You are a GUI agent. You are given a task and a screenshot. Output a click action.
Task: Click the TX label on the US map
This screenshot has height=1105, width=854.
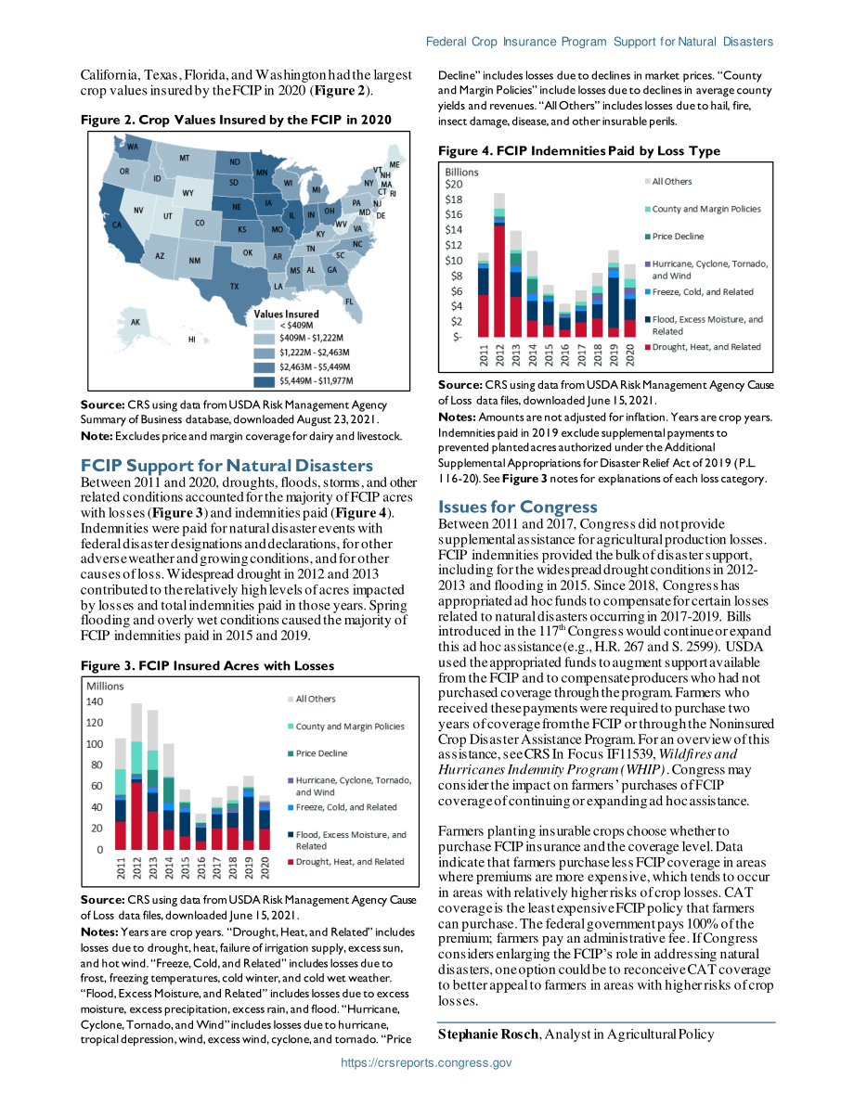tap(234, 286)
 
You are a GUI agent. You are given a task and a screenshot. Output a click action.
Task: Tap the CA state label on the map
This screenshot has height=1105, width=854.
tap(117, 225)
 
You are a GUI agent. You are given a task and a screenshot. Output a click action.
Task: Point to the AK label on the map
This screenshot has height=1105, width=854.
tap(136, 323)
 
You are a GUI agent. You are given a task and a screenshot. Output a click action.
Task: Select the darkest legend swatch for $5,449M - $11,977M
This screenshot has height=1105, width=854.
tap(265, 381)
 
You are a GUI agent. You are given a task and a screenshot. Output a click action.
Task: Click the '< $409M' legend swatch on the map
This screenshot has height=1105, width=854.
tap(265, 326)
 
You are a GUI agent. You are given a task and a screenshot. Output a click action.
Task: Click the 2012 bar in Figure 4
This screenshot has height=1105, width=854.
tap(499, 265)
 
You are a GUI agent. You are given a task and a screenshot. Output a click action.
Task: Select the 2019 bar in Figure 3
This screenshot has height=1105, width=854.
tap(248, 813)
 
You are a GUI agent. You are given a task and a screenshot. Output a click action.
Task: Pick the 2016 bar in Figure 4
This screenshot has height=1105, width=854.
tap(565, 321)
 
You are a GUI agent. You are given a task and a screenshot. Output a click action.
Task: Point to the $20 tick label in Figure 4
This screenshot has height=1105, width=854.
tap(453, 185)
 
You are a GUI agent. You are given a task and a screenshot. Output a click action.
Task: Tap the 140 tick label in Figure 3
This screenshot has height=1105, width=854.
tap(95, 702)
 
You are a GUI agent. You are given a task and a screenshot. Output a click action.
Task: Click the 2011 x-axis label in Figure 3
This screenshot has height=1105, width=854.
tap(121, 867)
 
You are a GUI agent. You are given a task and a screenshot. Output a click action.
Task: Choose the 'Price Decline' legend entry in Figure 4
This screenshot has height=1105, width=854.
tap(674, 237)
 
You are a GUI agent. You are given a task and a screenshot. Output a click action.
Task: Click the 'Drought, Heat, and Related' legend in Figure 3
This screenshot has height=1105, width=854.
tap(345, 862)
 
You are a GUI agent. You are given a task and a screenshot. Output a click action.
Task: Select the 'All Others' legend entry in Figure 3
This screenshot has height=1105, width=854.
tap(312, 699)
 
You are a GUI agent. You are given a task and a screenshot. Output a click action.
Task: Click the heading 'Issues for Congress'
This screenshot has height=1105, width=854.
tap(518, 507)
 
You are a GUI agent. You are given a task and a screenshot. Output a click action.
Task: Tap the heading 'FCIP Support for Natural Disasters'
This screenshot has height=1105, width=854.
tap(226, 466)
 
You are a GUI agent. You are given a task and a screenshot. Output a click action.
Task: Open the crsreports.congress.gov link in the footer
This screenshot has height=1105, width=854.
tap(427, 1062)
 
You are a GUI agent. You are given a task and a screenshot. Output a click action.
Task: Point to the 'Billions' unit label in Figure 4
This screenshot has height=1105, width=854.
tap(461, 172)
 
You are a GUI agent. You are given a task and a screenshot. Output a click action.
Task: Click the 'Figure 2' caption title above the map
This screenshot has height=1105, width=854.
tap(236, 120)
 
